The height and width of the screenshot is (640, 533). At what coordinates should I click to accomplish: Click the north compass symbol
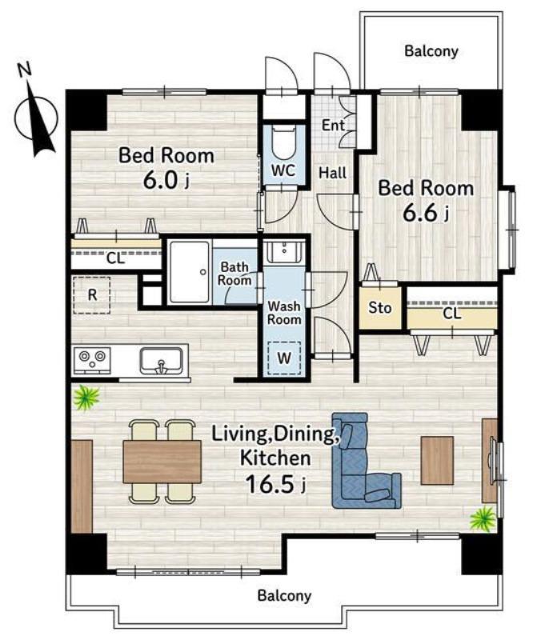[36, 115]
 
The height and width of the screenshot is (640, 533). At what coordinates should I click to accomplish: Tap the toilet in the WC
[283, 143]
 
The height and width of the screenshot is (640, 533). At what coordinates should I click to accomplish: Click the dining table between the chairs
[162, 462]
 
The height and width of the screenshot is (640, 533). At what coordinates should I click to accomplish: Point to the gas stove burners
[92, 359]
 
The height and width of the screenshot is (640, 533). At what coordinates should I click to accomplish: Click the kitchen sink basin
[161, 361]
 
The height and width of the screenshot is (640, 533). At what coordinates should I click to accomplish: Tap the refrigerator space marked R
[92, 294]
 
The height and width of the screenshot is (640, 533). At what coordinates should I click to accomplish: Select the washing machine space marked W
[284, 358]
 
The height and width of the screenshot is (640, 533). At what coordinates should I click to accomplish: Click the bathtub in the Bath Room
[189, 272]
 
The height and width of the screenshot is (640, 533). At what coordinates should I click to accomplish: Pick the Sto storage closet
[380, 307]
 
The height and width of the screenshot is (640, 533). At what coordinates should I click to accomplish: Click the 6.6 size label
[426, 213]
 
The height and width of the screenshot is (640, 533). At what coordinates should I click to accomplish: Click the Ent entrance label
[333, 125]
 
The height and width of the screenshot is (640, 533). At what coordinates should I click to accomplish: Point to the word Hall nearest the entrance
[332, 173]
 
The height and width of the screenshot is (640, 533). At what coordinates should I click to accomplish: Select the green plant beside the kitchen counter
[86, 397]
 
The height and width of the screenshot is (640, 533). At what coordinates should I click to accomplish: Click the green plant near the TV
[483, 518]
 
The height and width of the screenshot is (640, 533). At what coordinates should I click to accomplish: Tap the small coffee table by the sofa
[437, 461]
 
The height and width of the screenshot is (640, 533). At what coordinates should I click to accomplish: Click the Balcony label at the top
[431, 51]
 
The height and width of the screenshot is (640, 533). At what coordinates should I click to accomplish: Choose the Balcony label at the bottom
[284, 595]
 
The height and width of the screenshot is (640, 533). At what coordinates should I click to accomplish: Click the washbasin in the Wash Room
[283, 250]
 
